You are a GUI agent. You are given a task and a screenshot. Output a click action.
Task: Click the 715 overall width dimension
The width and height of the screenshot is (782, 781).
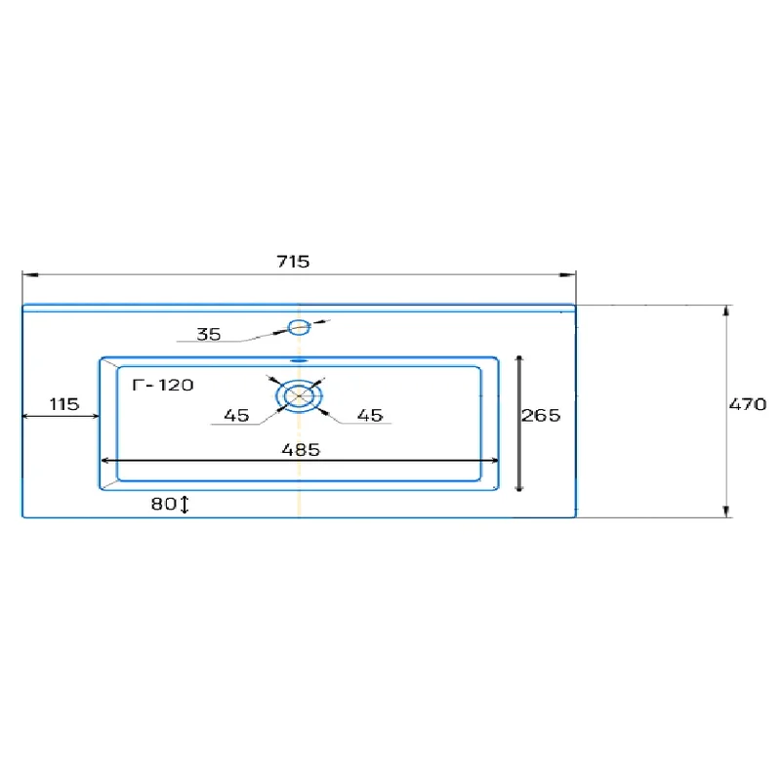293,262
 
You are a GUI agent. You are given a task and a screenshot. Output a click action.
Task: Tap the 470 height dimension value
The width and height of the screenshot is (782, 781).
748,404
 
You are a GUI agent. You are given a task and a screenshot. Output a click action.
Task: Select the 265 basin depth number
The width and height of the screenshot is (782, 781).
541,415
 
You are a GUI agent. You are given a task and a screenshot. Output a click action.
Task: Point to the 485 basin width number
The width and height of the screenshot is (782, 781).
301,450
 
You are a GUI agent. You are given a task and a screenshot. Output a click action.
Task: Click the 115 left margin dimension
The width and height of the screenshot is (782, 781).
64,404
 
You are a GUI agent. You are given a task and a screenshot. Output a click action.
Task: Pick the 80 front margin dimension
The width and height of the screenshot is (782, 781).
164,504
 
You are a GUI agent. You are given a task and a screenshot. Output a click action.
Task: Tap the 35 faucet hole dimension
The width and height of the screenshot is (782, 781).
209,334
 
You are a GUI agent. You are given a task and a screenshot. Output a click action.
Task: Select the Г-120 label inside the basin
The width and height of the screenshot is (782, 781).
163,385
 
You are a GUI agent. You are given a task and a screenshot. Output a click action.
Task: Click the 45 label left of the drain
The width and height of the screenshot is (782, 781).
236,415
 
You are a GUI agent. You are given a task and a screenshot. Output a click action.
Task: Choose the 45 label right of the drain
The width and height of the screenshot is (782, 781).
370,415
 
